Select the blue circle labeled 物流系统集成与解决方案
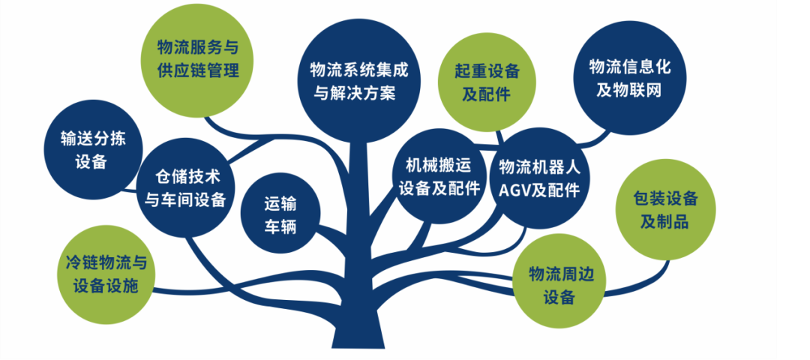(x=359, y=81)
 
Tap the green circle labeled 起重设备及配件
(x=486, y=82)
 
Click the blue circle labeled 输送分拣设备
(x=93, y=150)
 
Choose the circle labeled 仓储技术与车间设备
(x=185, y=188)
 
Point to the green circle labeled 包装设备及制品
(x=666, y=209)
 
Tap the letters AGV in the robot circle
(x=514, y=190)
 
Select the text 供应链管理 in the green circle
(x=198, y=70)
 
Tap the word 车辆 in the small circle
(x=280, y=227)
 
